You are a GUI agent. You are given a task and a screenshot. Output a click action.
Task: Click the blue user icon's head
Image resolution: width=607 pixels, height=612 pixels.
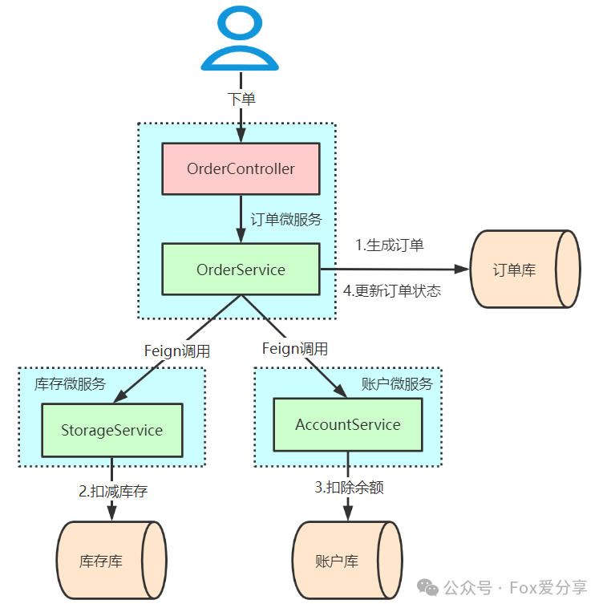click(x=240, y=22)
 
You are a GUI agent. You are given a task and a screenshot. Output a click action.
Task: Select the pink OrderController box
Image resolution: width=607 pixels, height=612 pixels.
click(x=241, y=168)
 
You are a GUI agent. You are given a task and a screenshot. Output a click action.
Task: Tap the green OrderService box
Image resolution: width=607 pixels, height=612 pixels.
click(x=241, y=270)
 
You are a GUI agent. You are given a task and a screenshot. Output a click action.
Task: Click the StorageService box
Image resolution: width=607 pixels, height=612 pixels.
click(x=112, y=430)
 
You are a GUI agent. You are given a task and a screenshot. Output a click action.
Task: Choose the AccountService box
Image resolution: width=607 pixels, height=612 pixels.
click(x=347, y=424)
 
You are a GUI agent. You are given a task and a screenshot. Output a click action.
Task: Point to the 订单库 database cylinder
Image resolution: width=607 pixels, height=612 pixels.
click(x=525, y=269)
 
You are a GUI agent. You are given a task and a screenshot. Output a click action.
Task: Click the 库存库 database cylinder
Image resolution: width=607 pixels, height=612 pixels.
click(x=111, y=560)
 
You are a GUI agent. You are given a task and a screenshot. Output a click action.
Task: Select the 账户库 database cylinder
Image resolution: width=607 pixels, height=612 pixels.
click(x=347, y=560)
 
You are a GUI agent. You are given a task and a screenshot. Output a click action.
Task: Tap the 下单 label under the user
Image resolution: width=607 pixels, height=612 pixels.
click(x=241, y=99)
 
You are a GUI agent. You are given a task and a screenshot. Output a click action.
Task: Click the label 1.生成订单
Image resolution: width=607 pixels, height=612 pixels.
click(x=390, y=245)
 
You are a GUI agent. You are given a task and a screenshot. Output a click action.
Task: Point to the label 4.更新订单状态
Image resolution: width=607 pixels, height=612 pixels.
click(x=391, y=291)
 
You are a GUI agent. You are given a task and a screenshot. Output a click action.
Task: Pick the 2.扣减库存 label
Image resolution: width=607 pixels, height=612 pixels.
click(x=113, y=491)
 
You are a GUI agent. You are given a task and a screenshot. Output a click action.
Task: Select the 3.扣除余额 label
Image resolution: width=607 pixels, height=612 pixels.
click(x=349, y=487)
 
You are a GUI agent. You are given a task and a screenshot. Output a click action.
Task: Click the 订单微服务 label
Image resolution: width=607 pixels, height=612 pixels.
click(x=286, y=219)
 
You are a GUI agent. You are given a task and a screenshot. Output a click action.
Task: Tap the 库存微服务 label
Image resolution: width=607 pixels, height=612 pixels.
click(x=70, y=384)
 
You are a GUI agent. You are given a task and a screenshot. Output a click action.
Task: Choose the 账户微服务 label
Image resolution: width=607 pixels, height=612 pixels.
click(x=397, y=384)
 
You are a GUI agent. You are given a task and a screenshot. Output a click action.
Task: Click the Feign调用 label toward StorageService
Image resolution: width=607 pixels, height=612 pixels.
click(x=177, y=351)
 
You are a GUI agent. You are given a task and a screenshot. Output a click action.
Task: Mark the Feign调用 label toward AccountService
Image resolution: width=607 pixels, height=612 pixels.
click(x=295, y=349)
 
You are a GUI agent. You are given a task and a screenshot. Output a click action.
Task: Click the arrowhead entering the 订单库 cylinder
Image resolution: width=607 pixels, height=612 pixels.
click(x=462, y=269)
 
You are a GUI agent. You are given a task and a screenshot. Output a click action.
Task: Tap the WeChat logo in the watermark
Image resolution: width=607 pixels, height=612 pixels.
click(x=427, y=587)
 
